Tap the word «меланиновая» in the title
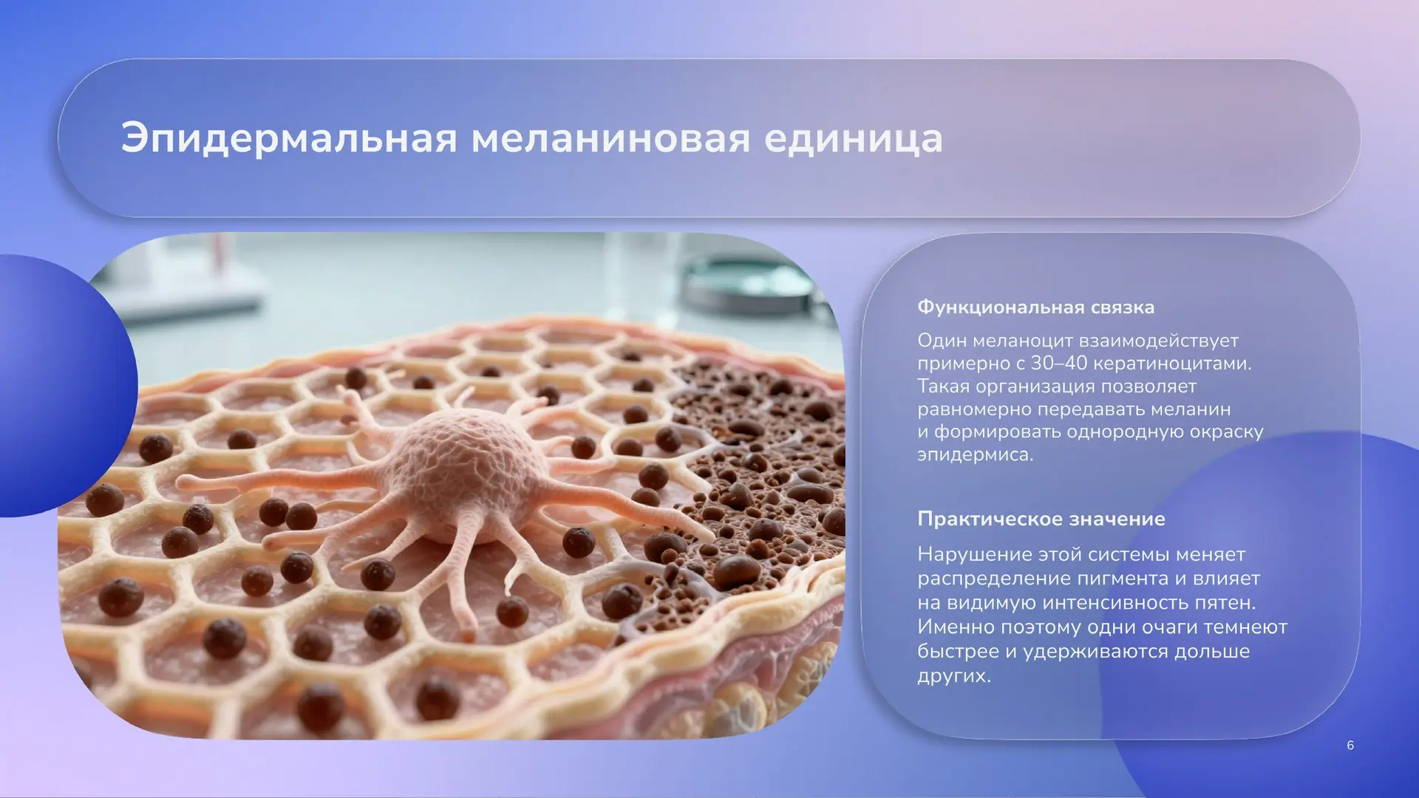tap(610, 139)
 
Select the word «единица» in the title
tap(854, 139)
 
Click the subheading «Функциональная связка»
tap(1035, 307)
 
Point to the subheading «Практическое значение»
tap(1041, 519)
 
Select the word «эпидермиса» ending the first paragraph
tap(975, 455)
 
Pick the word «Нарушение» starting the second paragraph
tap(970, 555)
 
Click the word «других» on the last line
tap(953, 676)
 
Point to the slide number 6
tap(1350, 746)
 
